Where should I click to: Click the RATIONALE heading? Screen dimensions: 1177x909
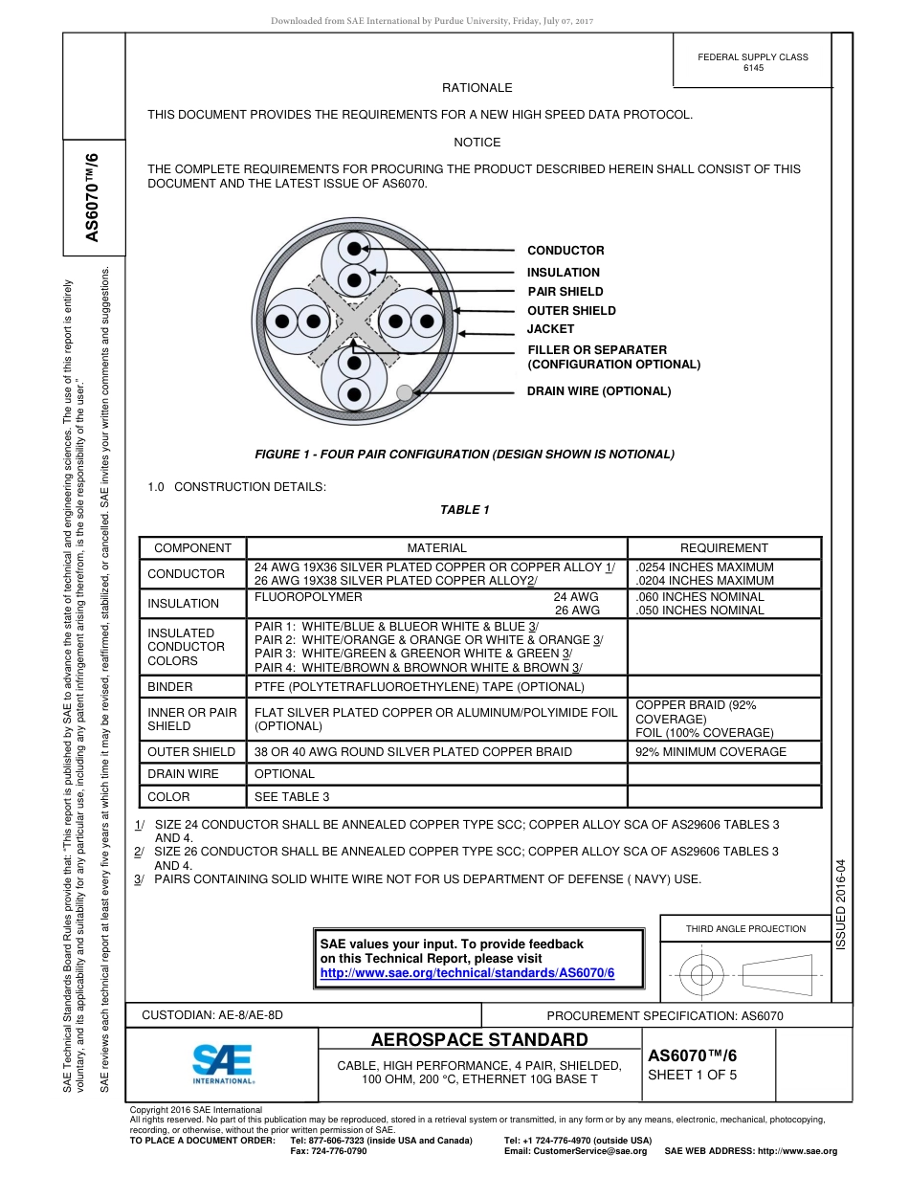click(x=477, y=88)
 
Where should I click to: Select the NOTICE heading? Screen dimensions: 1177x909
click(x=477, y=143)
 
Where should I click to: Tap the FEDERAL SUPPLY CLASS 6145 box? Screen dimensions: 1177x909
click(x=753, y=62)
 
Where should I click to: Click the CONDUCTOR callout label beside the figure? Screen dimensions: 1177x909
click(x=565, y=251)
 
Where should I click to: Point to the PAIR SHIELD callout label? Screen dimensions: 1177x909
click(x=565, y=292)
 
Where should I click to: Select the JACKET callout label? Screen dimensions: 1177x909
click(x=550, y=329)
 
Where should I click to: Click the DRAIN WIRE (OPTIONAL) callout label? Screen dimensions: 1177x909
click(x=599, y=391)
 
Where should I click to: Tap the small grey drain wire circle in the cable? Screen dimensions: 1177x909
click(x=405, y=391)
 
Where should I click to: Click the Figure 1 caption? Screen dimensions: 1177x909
click(x=464, y=455)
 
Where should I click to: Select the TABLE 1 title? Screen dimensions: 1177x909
click(x=465, y=510)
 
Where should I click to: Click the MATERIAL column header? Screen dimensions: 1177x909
click(x=436, y=548)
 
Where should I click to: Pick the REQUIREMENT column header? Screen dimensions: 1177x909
click(x=723, y=548)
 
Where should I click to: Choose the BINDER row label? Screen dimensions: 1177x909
click(x=169, y=687)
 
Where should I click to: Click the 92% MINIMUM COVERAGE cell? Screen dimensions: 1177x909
click(x=711, y=752)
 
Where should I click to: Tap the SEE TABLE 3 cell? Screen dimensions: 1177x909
click(x=292, y=797)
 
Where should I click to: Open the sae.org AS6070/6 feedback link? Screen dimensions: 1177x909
click(x=467, y=973)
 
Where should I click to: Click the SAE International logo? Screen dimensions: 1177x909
click(x=223, y=1062)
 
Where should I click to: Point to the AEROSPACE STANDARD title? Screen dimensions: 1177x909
click(x=479, y=1040)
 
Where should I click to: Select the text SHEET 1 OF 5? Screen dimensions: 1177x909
click(x=693, y=1075)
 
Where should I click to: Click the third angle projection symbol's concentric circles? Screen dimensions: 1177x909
click(x=702, y=975)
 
